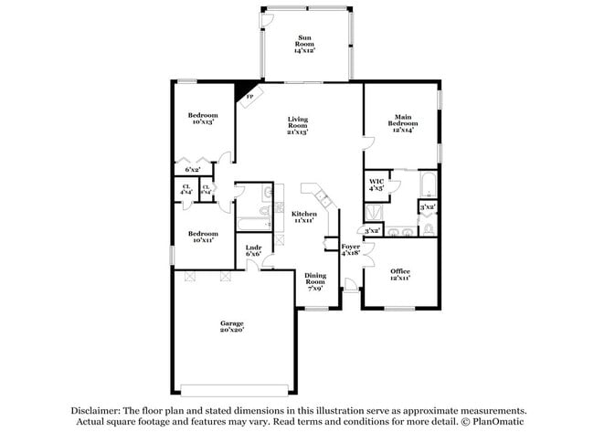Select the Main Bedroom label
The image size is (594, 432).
404,123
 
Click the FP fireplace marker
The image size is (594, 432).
249,96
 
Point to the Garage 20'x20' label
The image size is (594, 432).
231,327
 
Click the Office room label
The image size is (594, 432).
400,274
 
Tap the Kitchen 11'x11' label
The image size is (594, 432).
304,217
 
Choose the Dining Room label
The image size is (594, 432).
315,281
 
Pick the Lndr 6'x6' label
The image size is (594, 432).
254,250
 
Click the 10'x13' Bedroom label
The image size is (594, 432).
203,119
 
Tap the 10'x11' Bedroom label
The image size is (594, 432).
203,237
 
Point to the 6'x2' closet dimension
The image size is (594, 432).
193,170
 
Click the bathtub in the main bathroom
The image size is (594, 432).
429,184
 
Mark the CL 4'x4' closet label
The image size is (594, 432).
186,190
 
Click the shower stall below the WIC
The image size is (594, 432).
377,214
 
